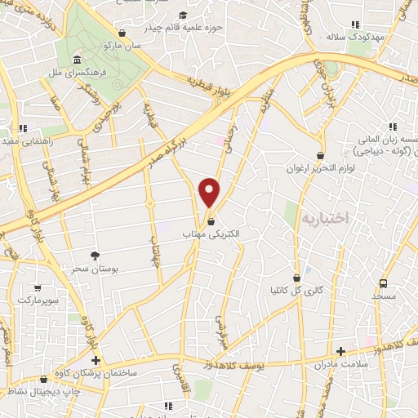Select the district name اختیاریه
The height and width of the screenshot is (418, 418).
tap(324, 218)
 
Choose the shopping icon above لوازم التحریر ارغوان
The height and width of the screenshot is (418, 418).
tap(319, 153)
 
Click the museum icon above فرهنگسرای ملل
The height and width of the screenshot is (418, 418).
tap(76, 60)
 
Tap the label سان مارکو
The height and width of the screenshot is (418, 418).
tap(122, 46)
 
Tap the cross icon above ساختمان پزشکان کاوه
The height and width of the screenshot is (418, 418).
tap(96, 360)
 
